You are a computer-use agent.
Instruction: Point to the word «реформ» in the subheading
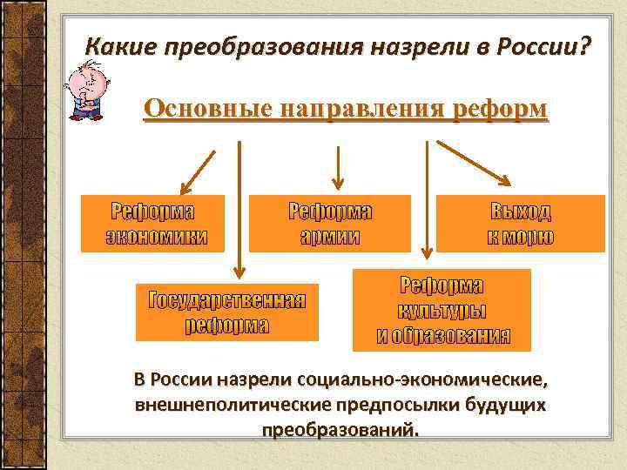tap(502, 111)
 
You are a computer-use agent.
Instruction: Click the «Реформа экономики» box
tap(152, 224)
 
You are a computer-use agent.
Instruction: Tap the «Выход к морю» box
tap(520, 224)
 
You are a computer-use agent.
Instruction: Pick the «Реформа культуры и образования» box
tap(442, 310)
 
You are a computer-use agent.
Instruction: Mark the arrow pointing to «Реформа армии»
tap(339, 167)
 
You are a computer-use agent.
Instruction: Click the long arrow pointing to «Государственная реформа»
tap(239, 209)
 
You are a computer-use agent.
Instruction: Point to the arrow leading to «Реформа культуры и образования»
tap(425, 200)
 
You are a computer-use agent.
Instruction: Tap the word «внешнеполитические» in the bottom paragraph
tap(222, 405)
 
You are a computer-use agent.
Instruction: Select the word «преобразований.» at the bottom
tap(340, 430)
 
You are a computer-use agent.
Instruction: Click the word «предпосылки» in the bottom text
tap(369, 405)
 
